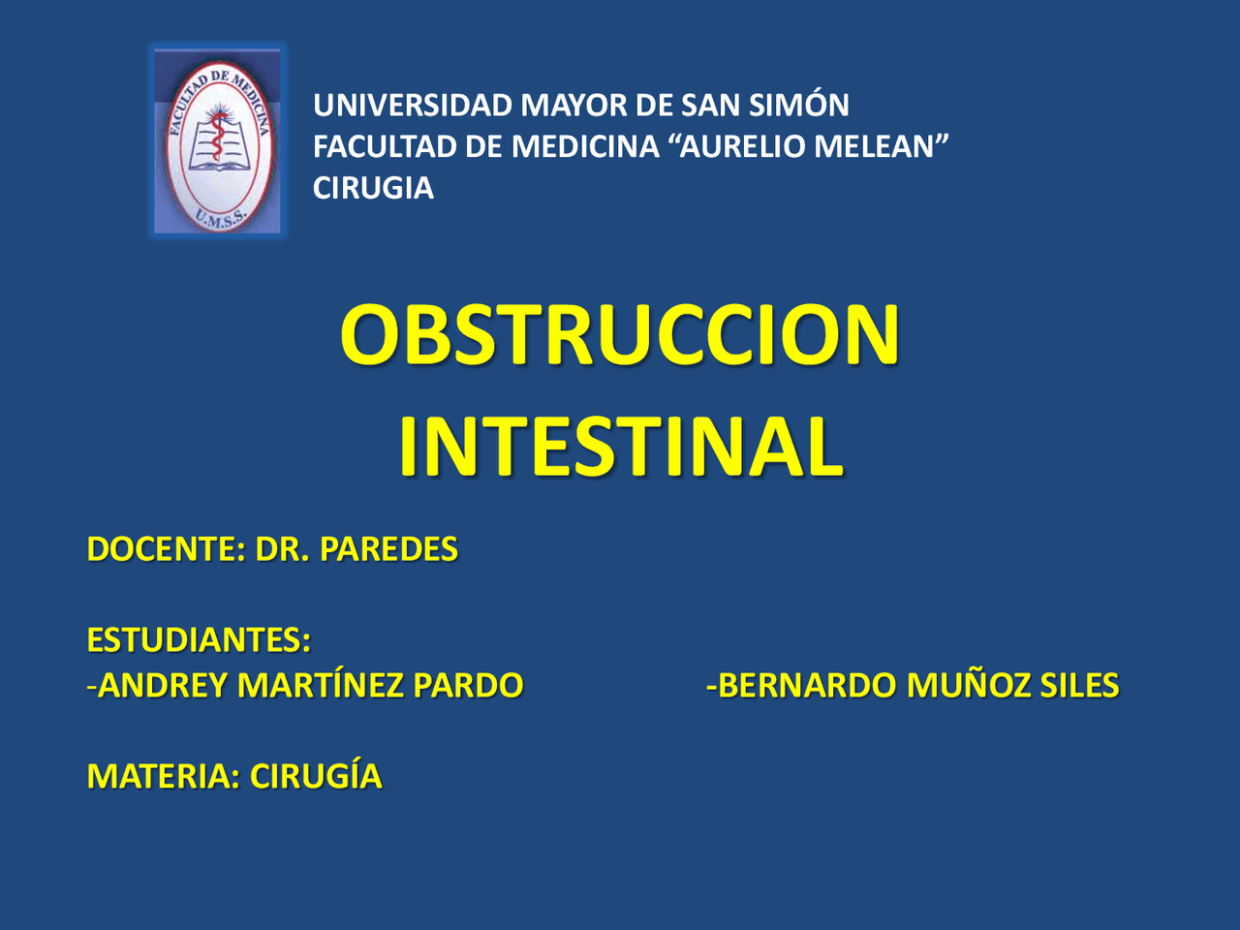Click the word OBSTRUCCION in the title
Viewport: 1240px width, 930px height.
620,334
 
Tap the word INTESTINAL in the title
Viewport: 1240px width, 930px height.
620,446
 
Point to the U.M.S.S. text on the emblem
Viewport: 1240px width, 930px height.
221,217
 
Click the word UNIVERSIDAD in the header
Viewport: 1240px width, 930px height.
413,105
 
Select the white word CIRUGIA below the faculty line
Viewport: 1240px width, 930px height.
373,188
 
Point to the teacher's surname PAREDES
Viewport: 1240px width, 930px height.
388,549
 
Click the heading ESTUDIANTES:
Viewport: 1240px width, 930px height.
199,640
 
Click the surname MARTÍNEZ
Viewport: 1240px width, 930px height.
321,686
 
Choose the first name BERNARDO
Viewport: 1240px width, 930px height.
807,686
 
